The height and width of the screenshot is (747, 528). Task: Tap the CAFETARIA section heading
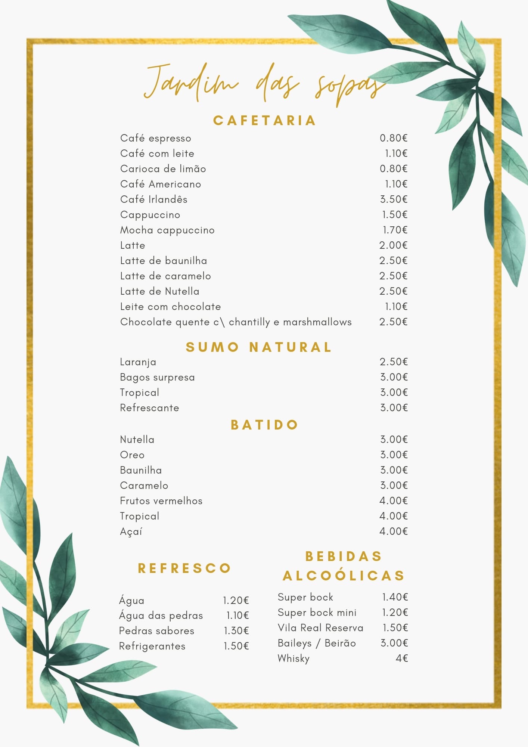[264, 121]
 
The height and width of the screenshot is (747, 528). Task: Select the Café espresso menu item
[155, 138]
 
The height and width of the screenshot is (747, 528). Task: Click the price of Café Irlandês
[394, 199]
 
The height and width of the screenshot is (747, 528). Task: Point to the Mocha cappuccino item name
[167, 230]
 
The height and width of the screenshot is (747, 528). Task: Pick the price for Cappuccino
[394, 215]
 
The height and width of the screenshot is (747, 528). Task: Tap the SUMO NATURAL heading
[258, 347]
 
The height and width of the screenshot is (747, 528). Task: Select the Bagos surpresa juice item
[157, 377]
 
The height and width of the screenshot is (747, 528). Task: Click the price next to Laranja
[394, 362]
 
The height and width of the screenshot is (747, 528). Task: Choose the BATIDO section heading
[264, 425]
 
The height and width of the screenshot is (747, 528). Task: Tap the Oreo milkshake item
[132, 455]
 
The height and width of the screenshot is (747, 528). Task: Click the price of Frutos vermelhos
[394, 501]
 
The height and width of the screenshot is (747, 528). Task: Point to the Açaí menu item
[131, 531]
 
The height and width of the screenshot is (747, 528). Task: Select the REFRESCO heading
[184, 568]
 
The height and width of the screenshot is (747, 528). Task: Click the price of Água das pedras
[237, 616]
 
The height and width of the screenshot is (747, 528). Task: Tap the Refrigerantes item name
[152, 646]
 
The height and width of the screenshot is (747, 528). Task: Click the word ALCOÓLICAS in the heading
[344, 576]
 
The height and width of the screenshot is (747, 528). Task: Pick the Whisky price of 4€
[402, 658]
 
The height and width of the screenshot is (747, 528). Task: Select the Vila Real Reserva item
[320, 628]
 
